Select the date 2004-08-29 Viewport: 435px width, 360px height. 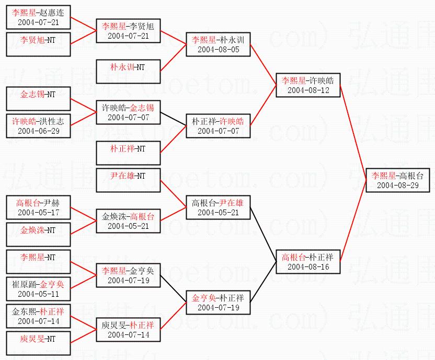click(x=400, y=185)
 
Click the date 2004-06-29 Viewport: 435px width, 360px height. click(x=38, y=130)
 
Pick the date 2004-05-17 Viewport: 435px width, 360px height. click(x=38, y=213)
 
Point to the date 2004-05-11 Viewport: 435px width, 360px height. click(x=38, y=294)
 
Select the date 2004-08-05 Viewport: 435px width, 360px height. click(x=218, y=49)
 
